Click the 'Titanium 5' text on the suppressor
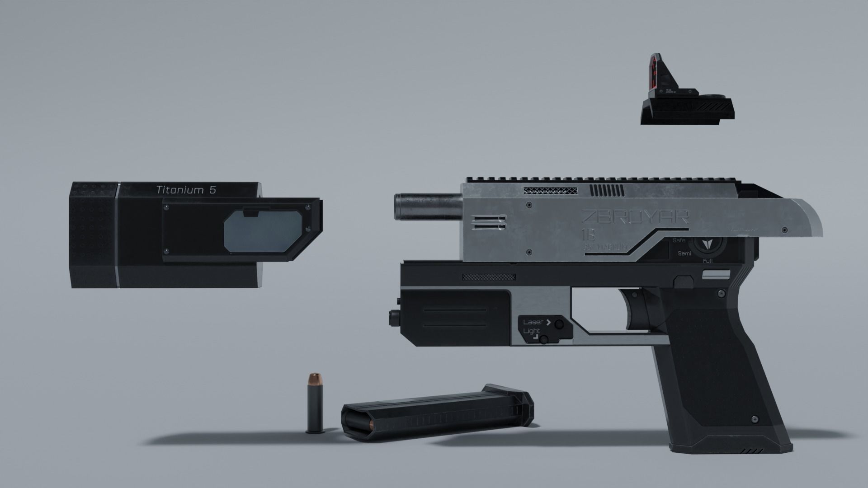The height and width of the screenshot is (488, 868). tap(186, 190)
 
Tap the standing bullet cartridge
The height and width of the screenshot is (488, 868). tap(314, 404)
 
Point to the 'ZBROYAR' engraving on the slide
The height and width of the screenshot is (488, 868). tap(635, 217)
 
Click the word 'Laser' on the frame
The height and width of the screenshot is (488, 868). tap(533, 322)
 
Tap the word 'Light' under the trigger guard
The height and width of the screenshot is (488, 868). tap(531, 331)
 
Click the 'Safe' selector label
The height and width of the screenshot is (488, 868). tap(679, 240)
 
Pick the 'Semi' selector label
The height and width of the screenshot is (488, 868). tap(684, 253)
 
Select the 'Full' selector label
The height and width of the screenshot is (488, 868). tap(708, 261)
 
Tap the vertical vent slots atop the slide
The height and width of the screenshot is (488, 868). tap(608, 191)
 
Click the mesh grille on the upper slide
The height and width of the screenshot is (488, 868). tap(550, 191)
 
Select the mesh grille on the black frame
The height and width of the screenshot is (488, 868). tap(489, 277)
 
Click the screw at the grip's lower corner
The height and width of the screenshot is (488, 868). tap(754, 419)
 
